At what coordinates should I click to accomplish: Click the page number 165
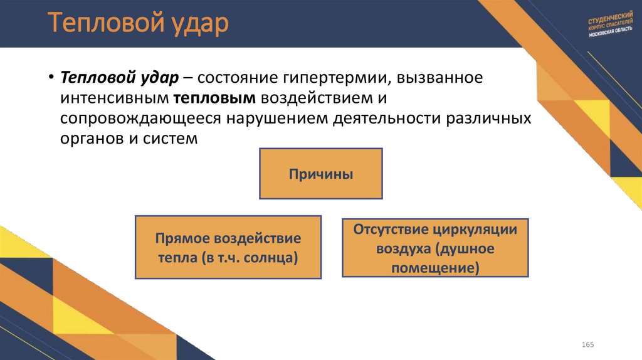[587, 346]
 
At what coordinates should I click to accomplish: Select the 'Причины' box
[321, 174]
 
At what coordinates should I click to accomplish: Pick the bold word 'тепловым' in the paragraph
[214, 98]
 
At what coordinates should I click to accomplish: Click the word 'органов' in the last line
[92, 139]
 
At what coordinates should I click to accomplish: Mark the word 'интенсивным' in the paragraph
[114, 98]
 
